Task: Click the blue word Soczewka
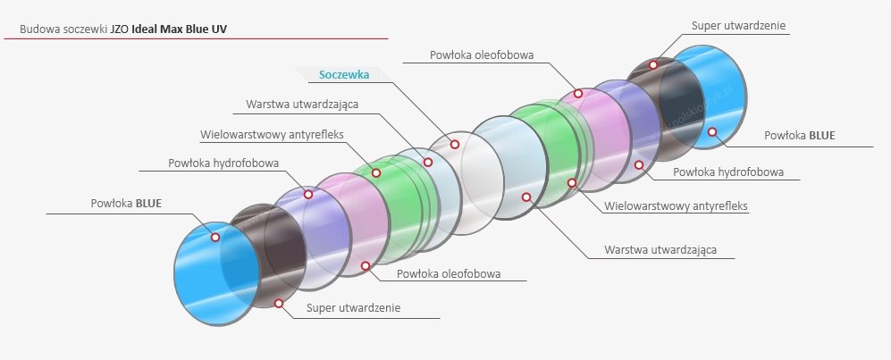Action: pos(344,75)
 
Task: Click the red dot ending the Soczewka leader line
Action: pos(454,144)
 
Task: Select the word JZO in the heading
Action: pos(121,29)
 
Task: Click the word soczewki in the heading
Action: pos(85,29)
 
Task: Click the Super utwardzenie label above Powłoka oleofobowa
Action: pos(738,25)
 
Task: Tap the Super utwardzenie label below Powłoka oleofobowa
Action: pos(353,307)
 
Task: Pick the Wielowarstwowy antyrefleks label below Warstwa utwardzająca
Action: pos(676,205)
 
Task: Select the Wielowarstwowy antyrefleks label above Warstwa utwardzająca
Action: pos(272,135)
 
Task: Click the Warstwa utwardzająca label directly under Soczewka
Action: pos(302,104)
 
